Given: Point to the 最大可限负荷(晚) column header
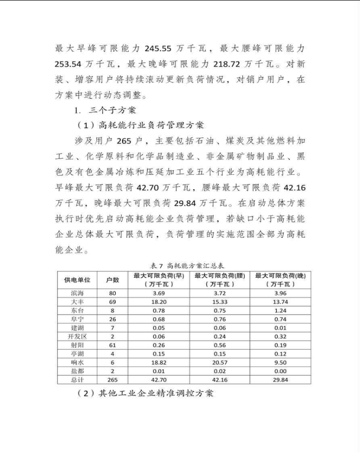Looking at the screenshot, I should tap(281, 280).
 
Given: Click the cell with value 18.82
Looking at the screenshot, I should tap(158, 363).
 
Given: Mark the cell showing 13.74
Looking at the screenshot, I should tap(281, 302).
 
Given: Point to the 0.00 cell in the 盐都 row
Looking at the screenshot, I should tap(281, 371).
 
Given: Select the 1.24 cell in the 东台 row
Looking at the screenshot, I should tap(281, 310).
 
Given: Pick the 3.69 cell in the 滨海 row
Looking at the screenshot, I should tap(158, 294).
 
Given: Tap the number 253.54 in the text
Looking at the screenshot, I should tap(71, 64).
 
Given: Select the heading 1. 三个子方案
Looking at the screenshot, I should tap(105, 110).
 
